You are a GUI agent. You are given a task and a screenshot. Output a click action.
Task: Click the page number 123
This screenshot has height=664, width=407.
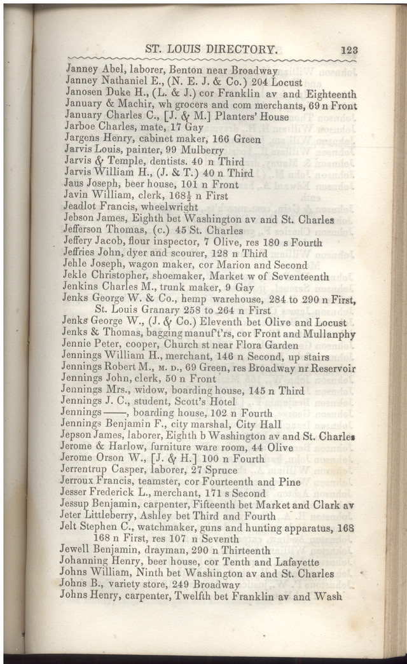click(348, 49)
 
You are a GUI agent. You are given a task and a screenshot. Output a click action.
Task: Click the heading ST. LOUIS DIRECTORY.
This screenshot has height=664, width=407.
click(212, 48)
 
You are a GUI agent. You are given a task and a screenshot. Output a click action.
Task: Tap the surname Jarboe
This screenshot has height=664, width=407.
click(81, 127)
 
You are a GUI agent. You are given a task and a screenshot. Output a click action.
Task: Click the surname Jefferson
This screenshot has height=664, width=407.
click(85, 230)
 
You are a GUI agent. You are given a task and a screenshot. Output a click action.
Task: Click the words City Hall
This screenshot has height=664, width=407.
click(231, 425)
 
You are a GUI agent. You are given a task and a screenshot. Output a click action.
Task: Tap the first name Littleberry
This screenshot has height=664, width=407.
click(118, 516)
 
